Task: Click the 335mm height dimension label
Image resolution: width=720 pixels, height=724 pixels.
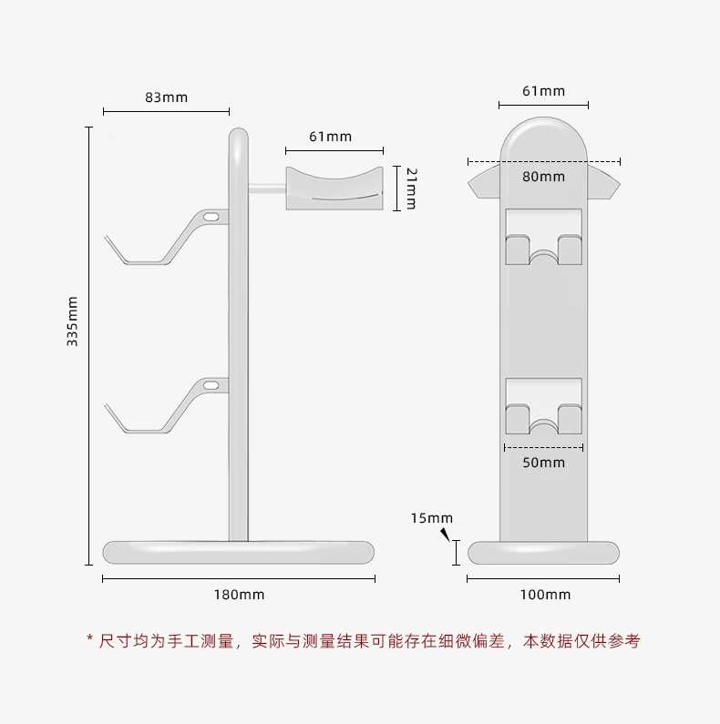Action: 73,321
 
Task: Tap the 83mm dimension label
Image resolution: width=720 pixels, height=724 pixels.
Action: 166,97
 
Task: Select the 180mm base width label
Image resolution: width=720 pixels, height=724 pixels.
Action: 239,595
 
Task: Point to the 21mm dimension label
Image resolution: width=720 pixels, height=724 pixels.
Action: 411,188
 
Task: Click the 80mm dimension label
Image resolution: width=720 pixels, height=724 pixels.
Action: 543,176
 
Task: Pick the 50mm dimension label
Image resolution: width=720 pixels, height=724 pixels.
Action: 543,463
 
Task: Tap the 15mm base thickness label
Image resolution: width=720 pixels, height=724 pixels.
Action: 431,518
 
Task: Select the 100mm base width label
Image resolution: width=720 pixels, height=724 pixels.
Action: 545,595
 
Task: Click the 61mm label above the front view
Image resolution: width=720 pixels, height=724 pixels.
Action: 543,90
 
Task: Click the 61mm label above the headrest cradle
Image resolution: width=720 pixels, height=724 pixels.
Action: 330,137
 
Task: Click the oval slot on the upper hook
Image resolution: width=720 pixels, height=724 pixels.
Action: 211,217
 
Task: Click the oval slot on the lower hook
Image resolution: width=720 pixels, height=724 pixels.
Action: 211,385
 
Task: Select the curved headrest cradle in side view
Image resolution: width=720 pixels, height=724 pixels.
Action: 334,188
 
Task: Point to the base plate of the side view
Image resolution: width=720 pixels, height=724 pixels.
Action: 239,551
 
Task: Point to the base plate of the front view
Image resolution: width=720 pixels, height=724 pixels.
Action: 543,552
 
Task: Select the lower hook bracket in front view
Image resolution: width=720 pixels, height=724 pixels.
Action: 543,408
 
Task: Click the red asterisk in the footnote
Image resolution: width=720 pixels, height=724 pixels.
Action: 89,641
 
